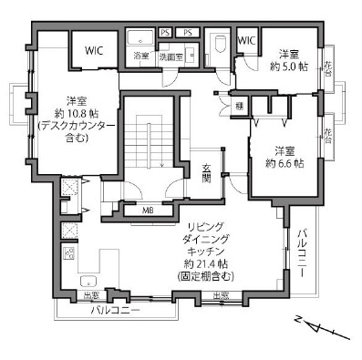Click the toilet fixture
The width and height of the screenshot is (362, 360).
coord(220,45)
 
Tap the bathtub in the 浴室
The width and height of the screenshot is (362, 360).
coord(142,37)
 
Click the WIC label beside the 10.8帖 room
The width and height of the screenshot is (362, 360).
coord(93,52)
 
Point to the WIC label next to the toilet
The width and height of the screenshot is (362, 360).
coord(245,41)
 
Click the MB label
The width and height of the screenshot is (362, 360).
coord(148,211)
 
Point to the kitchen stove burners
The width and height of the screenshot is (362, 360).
coord(69,253)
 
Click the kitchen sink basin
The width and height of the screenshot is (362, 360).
coord(89,281)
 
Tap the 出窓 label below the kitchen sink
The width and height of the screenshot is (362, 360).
coord(92,296)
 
